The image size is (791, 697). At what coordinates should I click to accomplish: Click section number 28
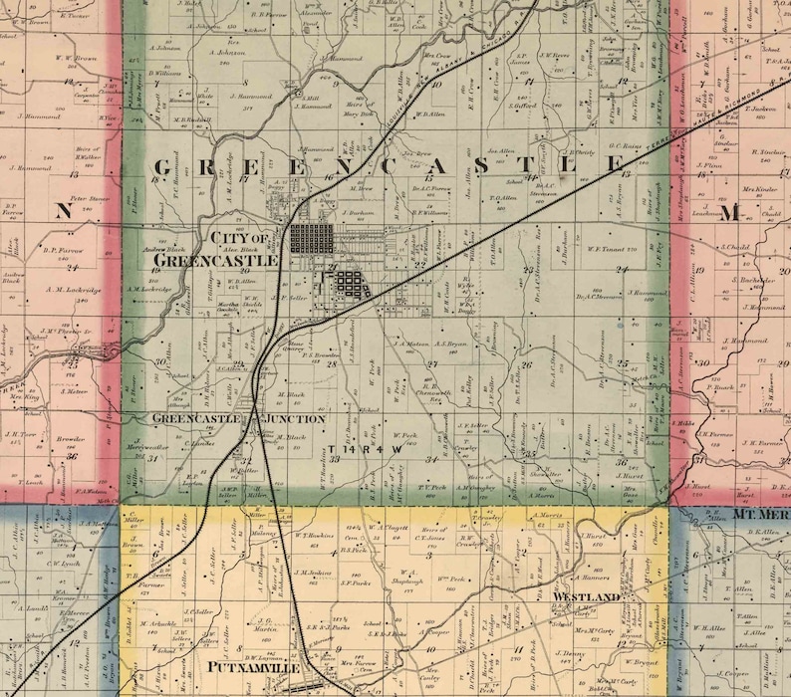click(x=332, y=363)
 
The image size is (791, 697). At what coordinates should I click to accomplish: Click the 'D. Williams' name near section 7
click(x=164, y=73)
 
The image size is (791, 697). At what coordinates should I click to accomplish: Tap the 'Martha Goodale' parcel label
click(x=257, y=306)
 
